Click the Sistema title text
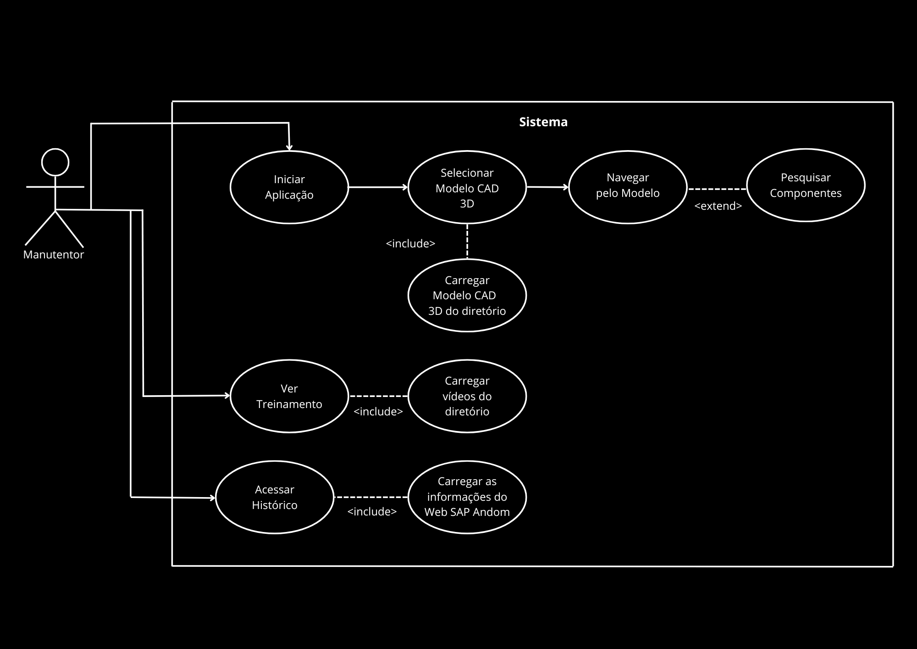pos(543,122)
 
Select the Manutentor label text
pos(54,255)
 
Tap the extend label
pos(718,206)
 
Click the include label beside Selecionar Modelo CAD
pos(410,244)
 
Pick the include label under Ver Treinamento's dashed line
pos(378,412)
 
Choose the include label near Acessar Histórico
pos(372,512)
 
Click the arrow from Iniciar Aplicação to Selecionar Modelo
pos(378,187)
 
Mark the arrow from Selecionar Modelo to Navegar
pos(547,187)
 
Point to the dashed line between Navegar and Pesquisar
pos(717,189)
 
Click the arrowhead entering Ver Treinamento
pos(226,396)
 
